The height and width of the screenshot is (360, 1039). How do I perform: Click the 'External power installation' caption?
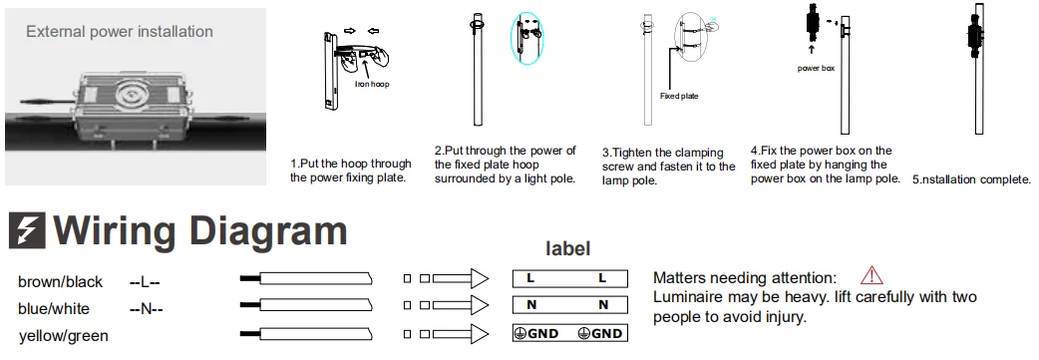[x=120, y=32]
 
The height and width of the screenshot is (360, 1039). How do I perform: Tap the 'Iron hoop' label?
[x=372, y=84]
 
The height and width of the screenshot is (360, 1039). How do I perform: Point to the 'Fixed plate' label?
[x=679, y=96]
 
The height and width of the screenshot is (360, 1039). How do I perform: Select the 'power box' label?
[x=816, y=68]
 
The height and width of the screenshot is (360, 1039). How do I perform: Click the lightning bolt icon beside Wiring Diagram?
[x=27, y=230]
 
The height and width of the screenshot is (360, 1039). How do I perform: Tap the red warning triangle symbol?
[x=871, y=275]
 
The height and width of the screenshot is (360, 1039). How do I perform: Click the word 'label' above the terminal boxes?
[x=568, y=248]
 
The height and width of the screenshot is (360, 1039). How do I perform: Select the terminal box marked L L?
[x=570, y=278]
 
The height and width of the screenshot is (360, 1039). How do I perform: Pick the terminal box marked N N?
[x=570, y=305]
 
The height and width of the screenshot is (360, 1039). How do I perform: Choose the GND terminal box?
[x=570, y=333]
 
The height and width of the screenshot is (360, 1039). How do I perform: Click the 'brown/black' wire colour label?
[x=60, y=282]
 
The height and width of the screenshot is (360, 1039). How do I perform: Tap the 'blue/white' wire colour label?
[x=54, y=309]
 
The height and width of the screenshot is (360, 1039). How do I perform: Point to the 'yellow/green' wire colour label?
[x=64, y=336]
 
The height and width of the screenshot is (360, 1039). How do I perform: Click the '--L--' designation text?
[x=146, y=282]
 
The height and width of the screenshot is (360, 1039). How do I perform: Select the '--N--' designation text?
[x=147, y=309]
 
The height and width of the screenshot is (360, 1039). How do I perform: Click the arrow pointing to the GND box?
[x=461, y=333]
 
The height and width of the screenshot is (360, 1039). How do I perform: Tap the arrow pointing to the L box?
[x=461, y=278]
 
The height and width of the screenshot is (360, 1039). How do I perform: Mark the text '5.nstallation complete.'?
[x=971, y=180]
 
